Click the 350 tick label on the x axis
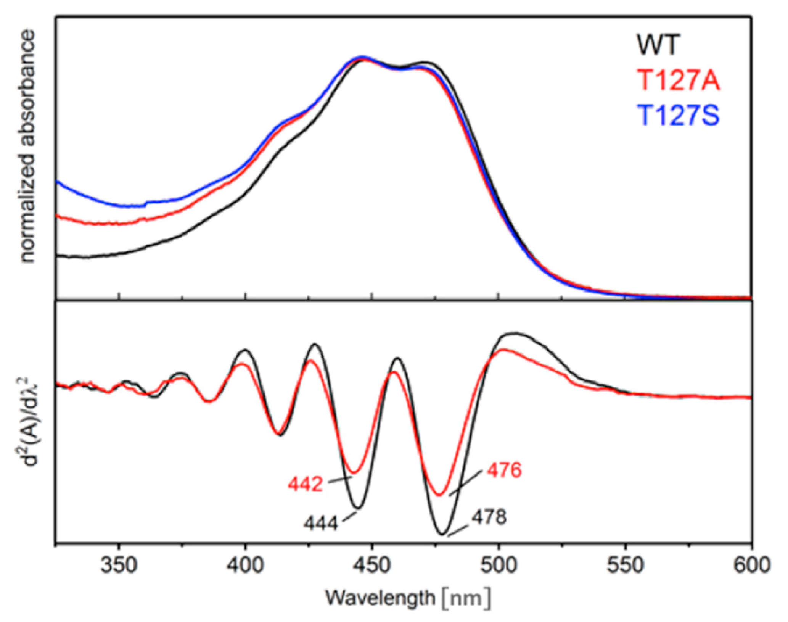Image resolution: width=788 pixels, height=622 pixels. (x=119, y=565)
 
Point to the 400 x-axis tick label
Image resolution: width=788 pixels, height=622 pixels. (x=246, y=565)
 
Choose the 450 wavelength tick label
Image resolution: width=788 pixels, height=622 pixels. (x=372, y=565)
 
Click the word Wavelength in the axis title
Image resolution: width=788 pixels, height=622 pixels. (x=380, y=598)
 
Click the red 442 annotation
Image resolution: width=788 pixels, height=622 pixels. (x=305, y=485)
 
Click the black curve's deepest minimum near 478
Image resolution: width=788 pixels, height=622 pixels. (x=442, y=534)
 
